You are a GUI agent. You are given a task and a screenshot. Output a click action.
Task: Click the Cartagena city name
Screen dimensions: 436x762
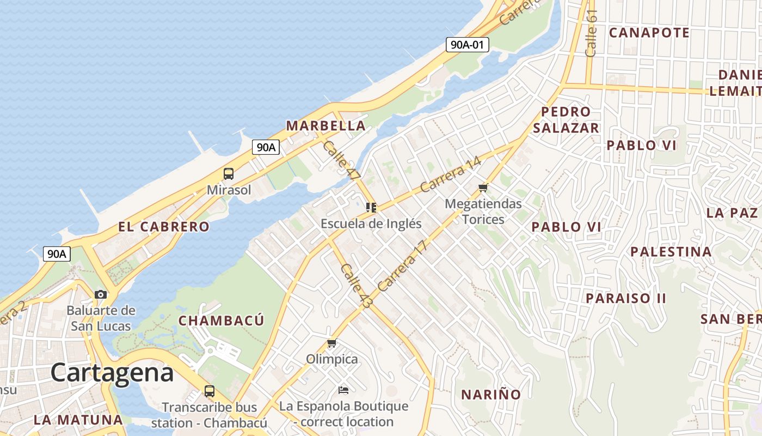pos(112,373)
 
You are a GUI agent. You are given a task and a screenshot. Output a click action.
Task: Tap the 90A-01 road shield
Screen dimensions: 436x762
pos(467,45)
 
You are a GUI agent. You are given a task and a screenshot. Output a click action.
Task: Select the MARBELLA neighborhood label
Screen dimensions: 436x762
pos(325,126)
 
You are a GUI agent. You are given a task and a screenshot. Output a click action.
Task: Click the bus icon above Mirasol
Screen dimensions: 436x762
pos(229,174)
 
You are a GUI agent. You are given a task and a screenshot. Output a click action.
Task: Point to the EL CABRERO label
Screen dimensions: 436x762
pos(164,227)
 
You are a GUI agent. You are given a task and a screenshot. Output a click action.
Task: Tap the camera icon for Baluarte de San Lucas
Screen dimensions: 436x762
pos(101,294)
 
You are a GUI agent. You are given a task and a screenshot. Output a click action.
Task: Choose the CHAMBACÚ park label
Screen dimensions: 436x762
pos(221,320)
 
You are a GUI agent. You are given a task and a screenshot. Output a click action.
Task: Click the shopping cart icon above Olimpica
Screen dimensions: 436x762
pos(331,343)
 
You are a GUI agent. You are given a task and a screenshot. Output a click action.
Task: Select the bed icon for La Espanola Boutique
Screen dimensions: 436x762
pos(343,390)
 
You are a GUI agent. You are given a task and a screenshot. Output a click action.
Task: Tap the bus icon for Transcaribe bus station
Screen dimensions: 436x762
pos(209,391)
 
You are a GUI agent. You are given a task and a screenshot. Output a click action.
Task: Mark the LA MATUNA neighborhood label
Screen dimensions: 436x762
pos(78,420)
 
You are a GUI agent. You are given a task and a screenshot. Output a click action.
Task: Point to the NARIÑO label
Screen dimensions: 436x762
pos(491,395)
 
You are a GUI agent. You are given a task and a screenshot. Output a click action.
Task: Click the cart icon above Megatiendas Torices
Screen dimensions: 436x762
pos(483,188)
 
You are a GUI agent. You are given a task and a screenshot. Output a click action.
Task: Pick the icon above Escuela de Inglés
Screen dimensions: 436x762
pos(371,207)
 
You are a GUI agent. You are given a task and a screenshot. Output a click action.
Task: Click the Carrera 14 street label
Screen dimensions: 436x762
pos(451,175)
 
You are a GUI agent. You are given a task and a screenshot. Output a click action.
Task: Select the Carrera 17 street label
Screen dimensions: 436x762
pos(403,265)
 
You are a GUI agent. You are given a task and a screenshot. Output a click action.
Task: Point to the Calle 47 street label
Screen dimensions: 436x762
pos(341,161)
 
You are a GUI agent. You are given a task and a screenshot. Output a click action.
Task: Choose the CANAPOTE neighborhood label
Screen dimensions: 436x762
pos(649,33)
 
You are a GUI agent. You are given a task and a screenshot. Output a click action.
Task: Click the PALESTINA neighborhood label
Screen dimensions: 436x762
pos(671,252)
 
